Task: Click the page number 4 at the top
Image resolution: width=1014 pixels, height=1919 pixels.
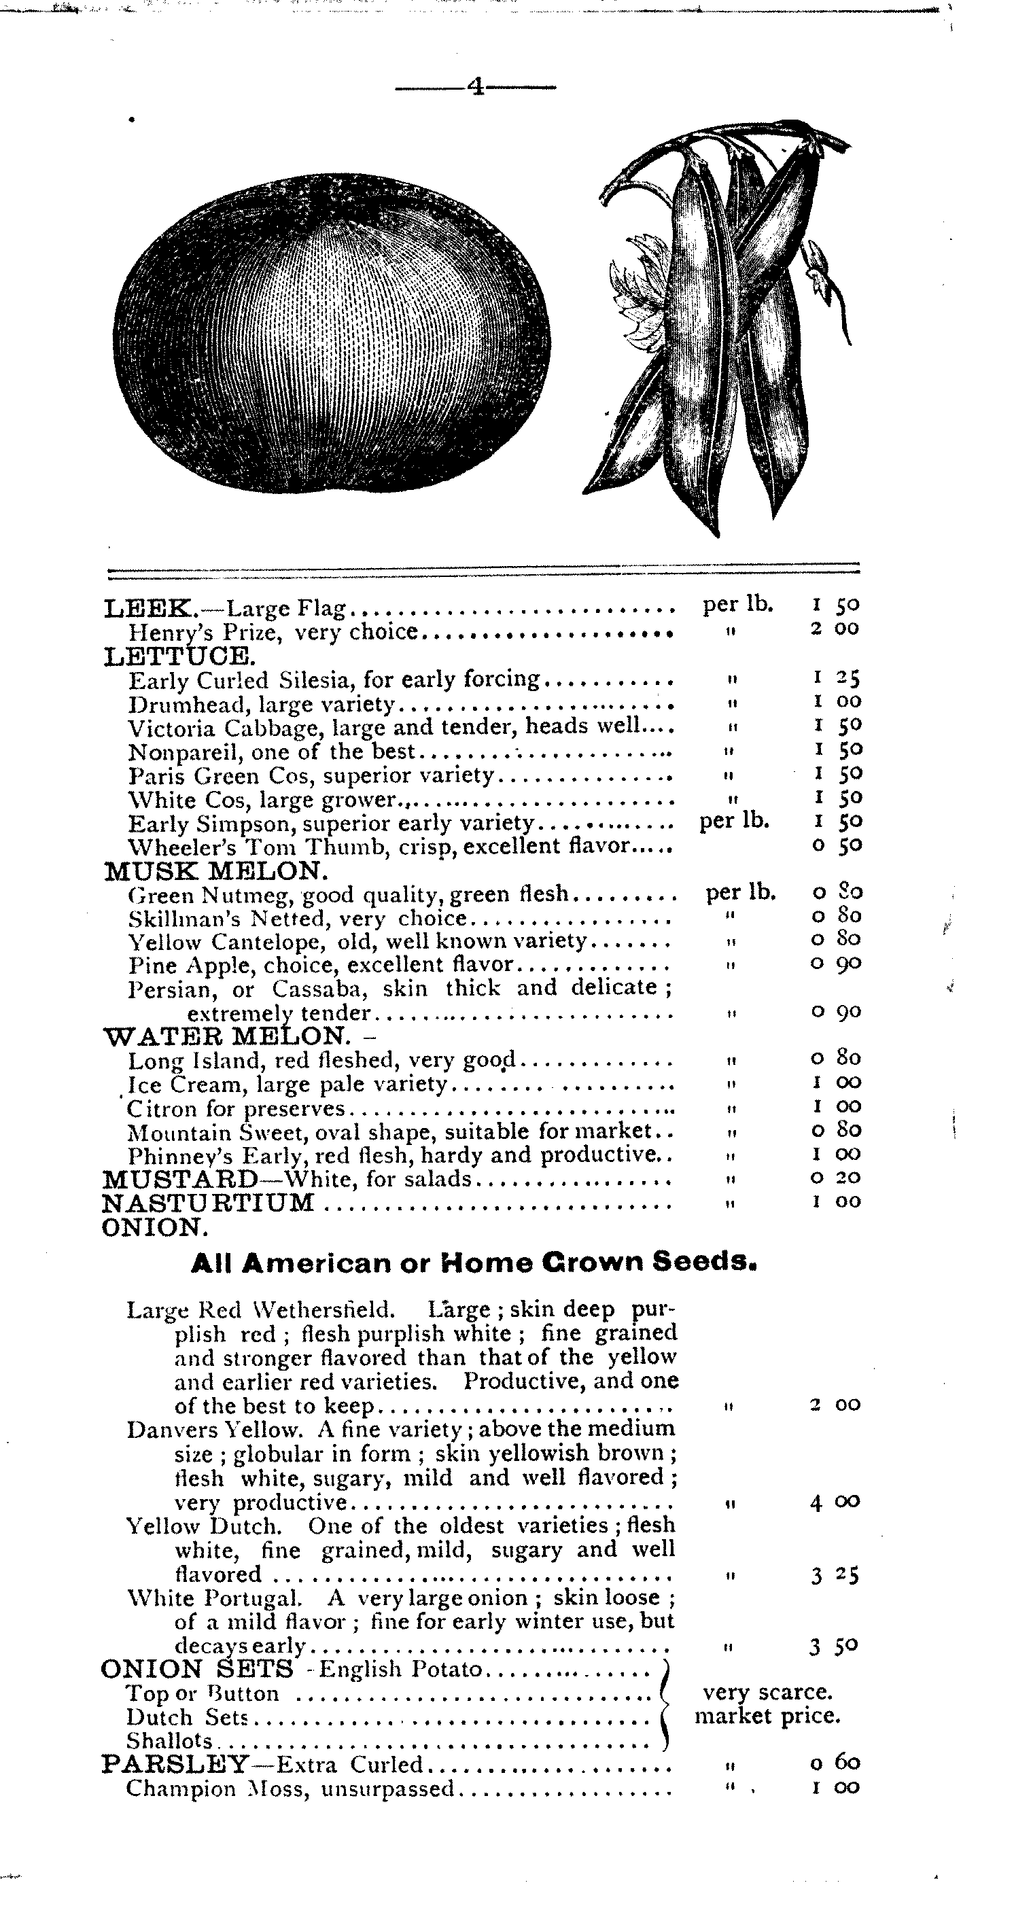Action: [475, 88]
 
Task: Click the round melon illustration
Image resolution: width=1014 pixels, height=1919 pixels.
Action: [334, 334]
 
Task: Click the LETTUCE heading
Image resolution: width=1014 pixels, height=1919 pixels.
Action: [179, 656]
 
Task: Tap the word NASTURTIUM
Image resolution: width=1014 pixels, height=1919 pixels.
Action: [208, 1202]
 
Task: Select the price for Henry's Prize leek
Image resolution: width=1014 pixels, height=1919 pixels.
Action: [835, 628]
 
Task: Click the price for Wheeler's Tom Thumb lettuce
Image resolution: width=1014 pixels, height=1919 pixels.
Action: [836, 845]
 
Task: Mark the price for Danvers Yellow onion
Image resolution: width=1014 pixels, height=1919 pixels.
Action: [835, 1501]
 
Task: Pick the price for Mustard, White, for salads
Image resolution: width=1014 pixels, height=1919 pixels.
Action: [836, 1178]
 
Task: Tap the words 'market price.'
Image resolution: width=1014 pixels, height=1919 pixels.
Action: [767, 1716]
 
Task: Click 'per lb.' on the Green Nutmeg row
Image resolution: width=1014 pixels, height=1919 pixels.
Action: [741, 892]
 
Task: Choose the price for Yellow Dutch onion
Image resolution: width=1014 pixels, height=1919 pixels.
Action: [835, 1575]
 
